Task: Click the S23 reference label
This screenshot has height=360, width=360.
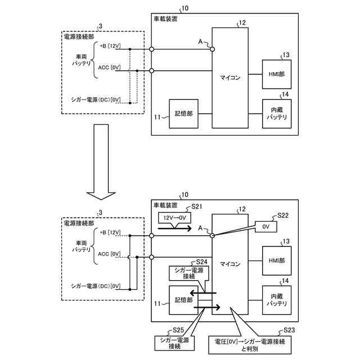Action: click(289, 330)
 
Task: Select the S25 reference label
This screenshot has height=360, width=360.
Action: click(178, 330)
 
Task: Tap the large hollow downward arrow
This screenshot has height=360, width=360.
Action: click(101, 162)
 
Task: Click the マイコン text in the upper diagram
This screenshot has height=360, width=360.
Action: click(230, 78)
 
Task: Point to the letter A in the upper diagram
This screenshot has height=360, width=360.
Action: click(200, 42)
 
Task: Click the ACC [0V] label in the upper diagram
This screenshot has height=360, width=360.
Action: click(109, 67)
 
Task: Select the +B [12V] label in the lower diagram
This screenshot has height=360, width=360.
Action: click(110, 232)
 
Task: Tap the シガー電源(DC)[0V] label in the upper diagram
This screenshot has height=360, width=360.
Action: click(96, 100)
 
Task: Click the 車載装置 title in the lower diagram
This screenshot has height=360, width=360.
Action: click(165, 205)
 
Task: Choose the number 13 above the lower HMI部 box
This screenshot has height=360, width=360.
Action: click(286, 241)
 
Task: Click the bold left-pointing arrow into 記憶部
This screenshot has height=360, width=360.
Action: click(203, 293)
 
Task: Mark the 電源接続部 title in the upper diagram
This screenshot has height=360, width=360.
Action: click(79, 37)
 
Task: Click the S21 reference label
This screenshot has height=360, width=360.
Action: click(197, 206)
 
